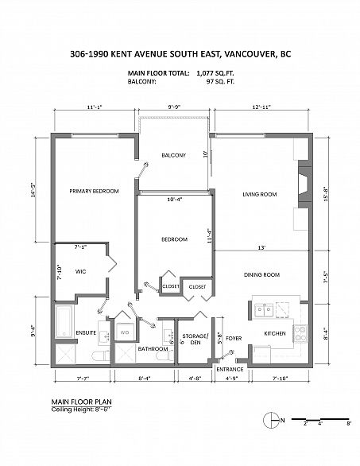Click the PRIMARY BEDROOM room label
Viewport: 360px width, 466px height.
[94, 191]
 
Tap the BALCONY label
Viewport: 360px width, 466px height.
[174, 155]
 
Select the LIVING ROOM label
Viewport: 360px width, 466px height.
[260, 194]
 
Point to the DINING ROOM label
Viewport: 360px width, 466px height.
[261, 275]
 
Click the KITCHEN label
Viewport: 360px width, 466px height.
[275, 334]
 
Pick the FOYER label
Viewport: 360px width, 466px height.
[234, 339]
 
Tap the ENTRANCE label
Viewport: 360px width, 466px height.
[230, 370]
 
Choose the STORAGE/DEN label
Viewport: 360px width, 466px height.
[195, 339]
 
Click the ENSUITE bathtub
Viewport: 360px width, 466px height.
[64, 322]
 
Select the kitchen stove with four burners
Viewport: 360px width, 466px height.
[300, 334]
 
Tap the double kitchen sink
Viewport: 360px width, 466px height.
[264, 310]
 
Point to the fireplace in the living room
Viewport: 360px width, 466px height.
[304, 184]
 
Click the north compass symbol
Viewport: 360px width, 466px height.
[271, 421]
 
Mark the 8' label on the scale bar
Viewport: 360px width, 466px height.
[349, 424]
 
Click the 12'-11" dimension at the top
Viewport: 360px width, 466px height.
[261, 107]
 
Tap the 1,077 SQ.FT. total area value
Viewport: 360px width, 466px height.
[215, 73]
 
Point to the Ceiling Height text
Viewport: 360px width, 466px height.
[81, 410]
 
